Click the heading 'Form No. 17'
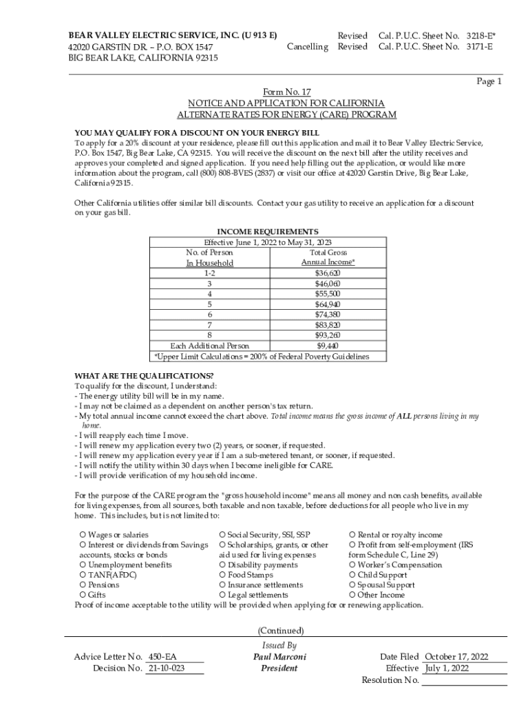tap(287, 92)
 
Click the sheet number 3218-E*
tap(481, 35)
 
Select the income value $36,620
tap(328, 273)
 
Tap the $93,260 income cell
tap(328, 335)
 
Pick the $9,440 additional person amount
tap(328, 346)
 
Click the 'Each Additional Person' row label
tap(210, 346)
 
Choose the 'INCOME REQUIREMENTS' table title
tap(268, 232)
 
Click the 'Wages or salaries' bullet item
tap(114, 535)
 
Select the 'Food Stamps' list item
tap(246, 575)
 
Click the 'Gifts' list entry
tap(93, 595)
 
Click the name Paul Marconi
tap(279, 657)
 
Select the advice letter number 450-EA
tap(162, 657)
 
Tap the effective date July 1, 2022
tap(447, 669)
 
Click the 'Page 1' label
tap(489, 81)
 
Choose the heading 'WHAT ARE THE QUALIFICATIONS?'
tap(144, 376)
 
